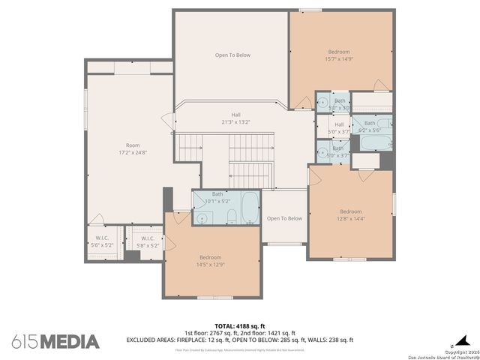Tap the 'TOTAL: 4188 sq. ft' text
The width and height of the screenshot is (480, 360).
tap(240, 326)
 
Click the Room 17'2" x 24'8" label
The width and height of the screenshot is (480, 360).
tap(133, 148)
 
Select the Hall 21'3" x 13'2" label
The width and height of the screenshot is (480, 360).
tap(235, 118)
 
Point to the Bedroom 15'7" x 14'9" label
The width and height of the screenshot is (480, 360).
tap(338, 55)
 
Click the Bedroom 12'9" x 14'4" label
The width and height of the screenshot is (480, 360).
tap(350, 215)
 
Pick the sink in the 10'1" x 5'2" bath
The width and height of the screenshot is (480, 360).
tap(201, 217)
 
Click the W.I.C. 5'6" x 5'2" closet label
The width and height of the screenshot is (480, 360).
tap(102, 242)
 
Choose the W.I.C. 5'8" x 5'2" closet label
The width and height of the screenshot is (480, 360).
tap(148, 242)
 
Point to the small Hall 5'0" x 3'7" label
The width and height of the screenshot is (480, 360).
tap(339, 127)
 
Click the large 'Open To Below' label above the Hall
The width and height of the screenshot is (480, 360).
tap(232, 55)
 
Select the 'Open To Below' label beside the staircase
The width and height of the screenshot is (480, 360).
tap(284, 218)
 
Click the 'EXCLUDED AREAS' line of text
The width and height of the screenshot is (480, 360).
tap(240, 340)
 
